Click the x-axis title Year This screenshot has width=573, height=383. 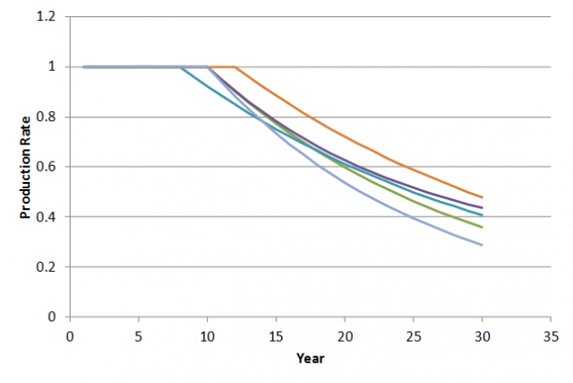(x=311, y=358)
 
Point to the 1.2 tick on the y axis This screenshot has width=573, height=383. (x=47, y=17)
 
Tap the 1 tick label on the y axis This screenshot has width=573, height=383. (x=52, y=66)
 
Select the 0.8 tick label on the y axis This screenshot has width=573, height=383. (x=47, y=117)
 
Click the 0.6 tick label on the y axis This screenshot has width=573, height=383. (x=47, y=167)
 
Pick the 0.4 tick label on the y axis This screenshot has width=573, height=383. (x=47, y=217)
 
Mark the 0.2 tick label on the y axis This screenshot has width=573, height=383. (x=47, y=267)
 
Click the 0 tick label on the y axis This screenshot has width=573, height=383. (x=52, y=317)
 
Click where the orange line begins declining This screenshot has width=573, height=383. (x=235, y=67)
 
